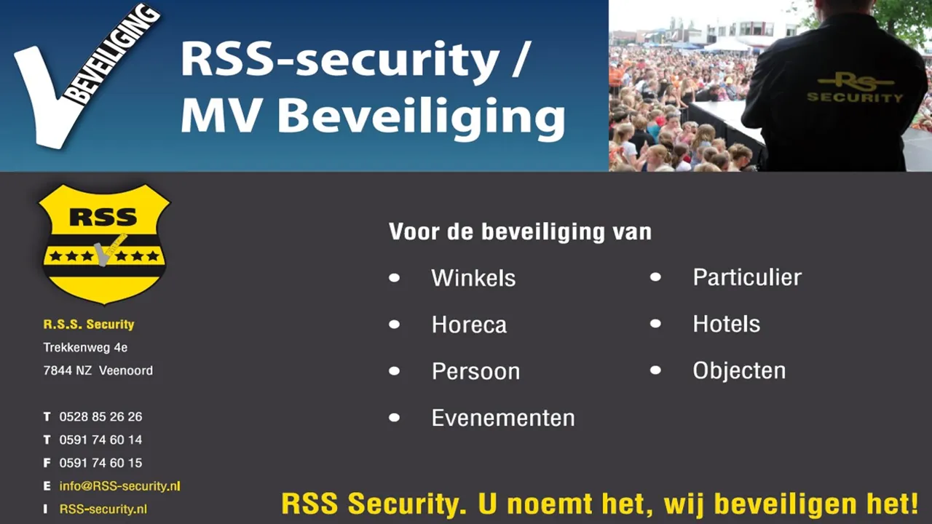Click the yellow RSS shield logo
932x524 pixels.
pos(104,245)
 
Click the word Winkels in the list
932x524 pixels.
pos(473,278)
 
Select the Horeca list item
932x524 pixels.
pos(470,325)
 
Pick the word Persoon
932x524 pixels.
pos(475,371)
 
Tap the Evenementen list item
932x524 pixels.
pos(503,418)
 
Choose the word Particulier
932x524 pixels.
pos(747,277)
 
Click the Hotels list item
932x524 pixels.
pos(727,324)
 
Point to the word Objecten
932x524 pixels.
pos(739,370)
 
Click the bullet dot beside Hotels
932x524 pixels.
pos(655,324)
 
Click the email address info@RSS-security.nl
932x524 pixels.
pos(120,486)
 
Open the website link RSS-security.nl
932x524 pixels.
pos(103,509)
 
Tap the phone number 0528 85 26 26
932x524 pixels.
pos(100,417)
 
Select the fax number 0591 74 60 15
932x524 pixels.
pos(100,463)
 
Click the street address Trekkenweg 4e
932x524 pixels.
pos(85,347)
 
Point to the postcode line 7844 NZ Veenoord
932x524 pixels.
pos(98,370)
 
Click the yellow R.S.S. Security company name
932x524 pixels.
pos(89,325)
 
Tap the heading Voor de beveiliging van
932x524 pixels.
pos(520,231)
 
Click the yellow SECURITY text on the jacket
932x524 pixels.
pos(855,98)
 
